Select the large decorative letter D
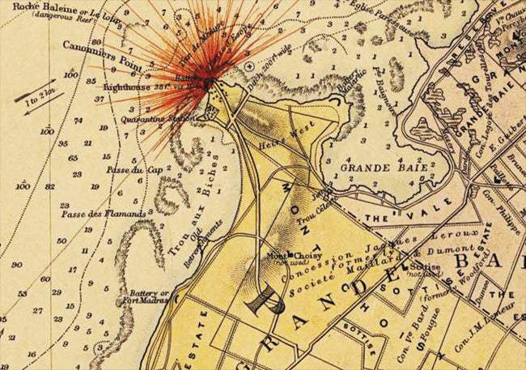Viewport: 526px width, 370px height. [x=266, y=301]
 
